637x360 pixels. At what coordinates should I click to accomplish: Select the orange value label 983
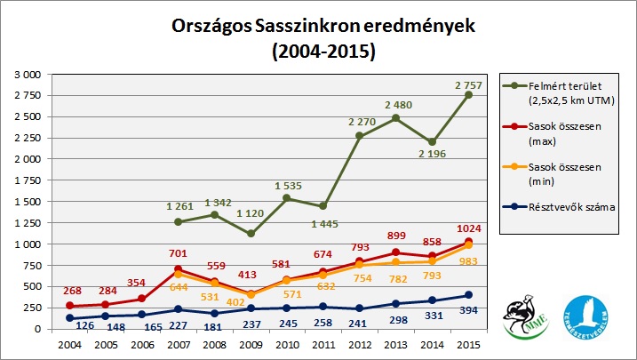pos(470,260)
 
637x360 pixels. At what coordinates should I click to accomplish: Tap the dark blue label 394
pos(470,310)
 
